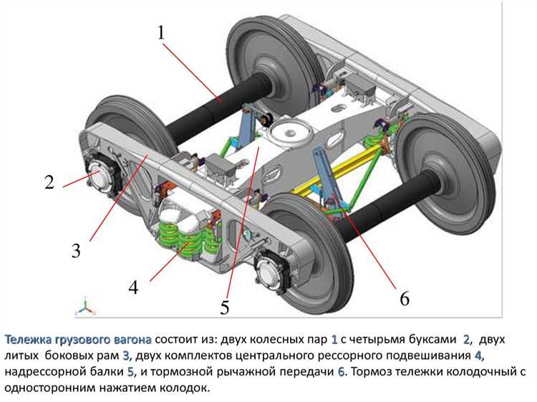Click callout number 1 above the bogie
161,33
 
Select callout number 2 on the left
49,182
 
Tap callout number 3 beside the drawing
76,251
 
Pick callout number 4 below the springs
133,288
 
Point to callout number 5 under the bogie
225,308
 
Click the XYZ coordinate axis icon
86,306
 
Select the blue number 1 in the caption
334,338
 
